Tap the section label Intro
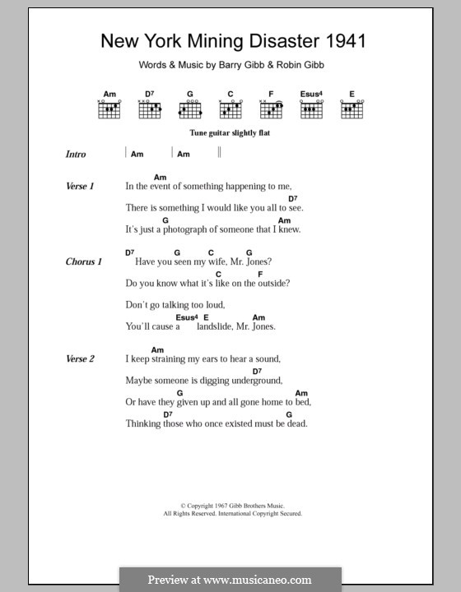tap(76, 154)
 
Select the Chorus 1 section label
tap(83, 261)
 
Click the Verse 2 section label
tap(80, 358)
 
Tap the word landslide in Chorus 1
tap(217, 326)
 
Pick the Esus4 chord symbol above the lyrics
tap(187, 317)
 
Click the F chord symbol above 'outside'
tap(260, 274)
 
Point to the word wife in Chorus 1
tap(213, 261)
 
